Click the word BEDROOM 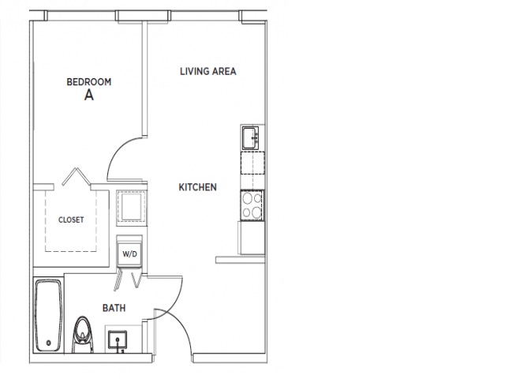[88, 81]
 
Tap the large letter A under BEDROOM [88, 96]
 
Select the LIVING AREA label [208, 72]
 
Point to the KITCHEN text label [197, 187]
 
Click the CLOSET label [71, 220]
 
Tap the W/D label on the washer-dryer [129, 255]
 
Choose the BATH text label [114, 308]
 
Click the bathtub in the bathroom [48, 316]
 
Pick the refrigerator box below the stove [252, 237]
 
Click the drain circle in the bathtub [48, 342]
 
